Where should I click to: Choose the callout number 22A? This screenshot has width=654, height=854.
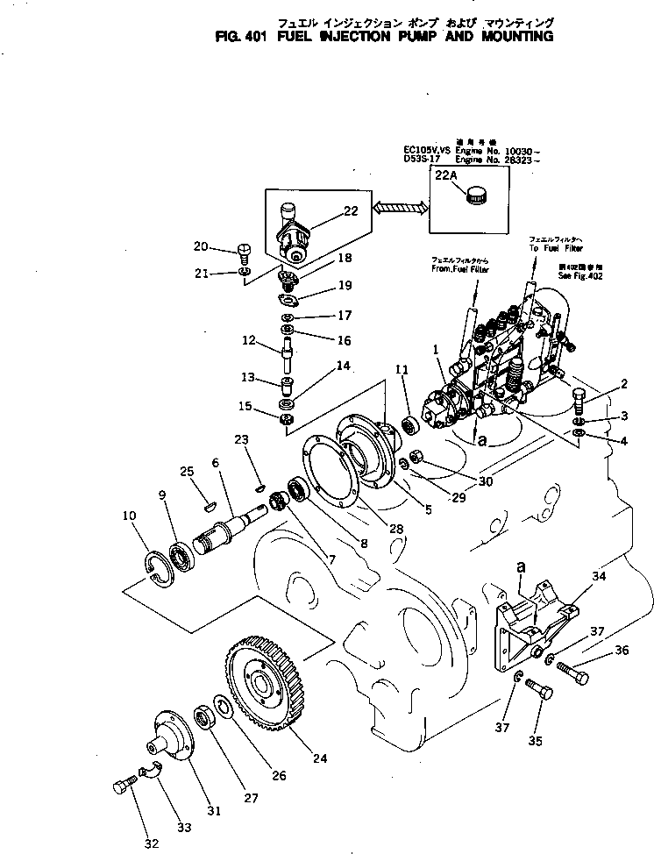446,176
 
